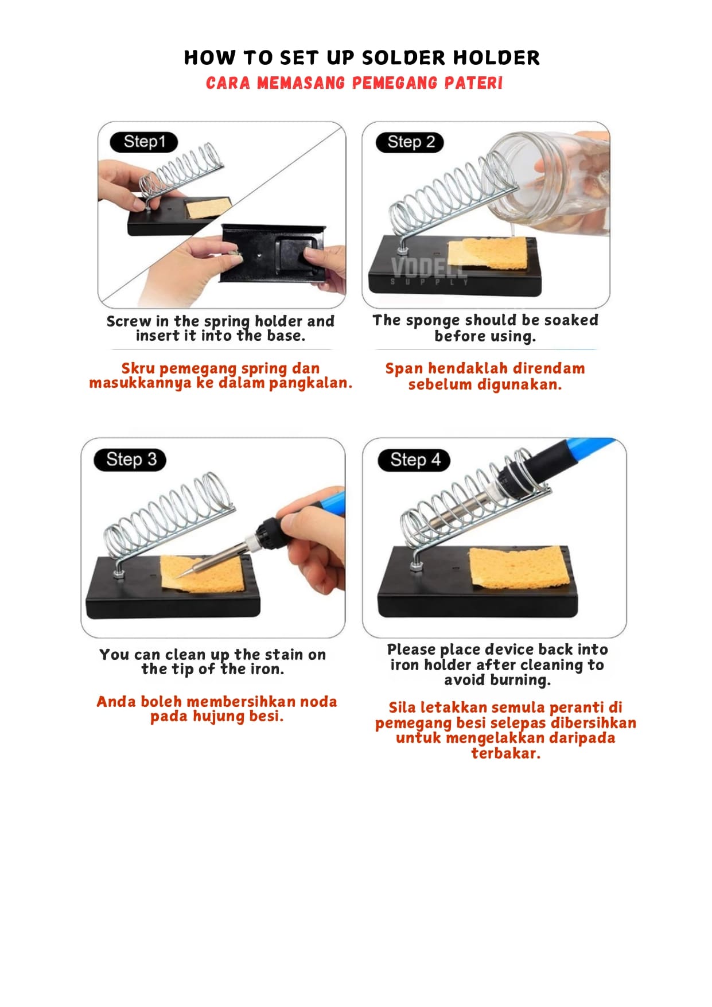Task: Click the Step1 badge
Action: (144, 142)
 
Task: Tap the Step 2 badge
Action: (410, 142)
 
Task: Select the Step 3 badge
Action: (130, 460)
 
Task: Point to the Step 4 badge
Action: (414, 460)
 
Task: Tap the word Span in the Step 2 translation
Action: (404, 369)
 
